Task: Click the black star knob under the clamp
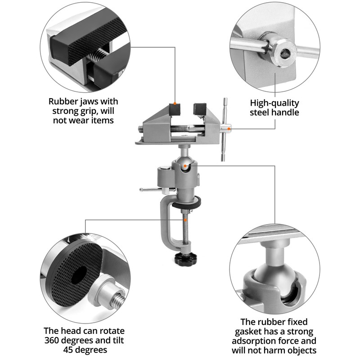pos(185,259)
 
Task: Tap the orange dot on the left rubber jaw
pos(175,103)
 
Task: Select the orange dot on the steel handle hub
pos(229,129)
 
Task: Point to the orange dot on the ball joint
pos(185,165)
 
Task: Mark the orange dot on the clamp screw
pos(185,220)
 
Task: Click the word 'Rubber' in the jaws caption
pos(62,102)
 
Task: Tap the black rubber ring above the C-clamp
pos(187,202)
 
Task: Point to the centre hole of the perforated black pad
pos(79,275)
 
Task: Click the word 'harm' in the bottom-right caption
pos(274,351)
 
